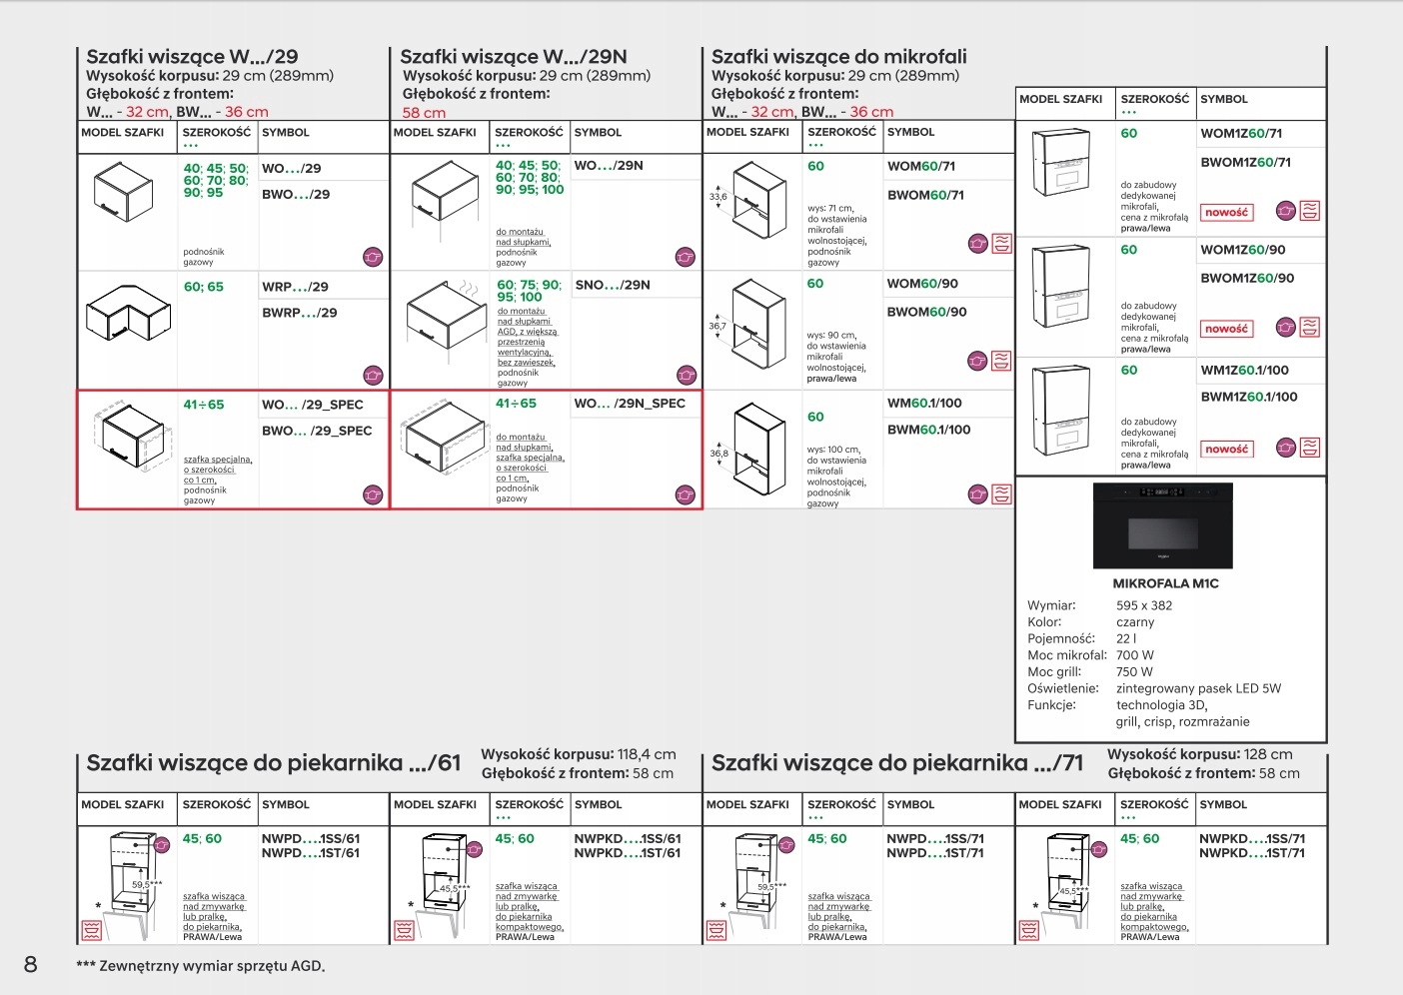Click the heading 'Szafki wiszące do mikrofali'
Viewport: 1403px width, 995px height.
click(838, 57)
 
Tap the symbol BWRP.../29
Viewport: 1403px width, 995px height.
click(299, 313)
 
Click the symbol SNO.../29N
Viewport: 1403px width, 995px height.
click(612, 285)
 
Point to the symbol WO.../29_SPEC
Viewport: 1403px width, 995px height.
click(312, 405)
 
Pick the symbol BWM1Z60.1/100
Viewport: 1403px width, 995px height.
click(1248, 397)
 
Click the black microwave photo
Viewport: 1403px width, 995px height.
click(1162, 525)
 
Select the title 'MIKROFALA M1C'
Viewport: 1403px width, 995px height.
click(1165, 583)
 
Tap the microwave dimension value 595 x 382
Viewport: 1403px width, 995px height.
click(1144, 605)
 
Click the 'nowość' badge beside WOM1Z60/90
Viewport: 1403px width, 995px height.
click(1226, 329)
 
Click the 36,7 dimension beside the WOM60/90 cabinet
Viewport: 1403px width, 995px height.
click(717, 327)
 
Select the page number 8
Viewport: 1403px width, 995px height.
click(31, 963)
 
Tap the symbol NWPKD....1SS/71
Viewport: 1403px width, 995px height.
click(1251, 839)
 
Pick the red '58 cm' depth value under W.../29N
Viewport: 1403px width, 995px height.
click(424, 113)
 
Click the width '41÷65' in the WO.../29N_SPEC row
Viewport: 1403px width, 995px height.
click(516, 404)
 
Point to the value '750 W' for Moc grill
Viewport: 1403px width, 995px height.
click(1134, 672)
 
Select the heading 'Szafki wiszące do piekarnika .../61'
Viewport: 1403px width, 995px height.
click(273, 763)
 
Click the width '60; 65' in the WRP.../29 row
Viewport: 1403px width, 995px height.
click(203, 287)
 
